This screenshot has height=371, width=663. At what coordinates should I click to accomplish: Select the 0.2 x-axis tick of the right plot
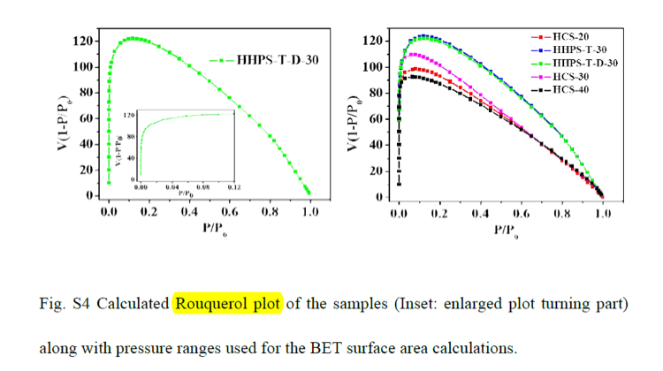pyautogui.click(x=439, y=214)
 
